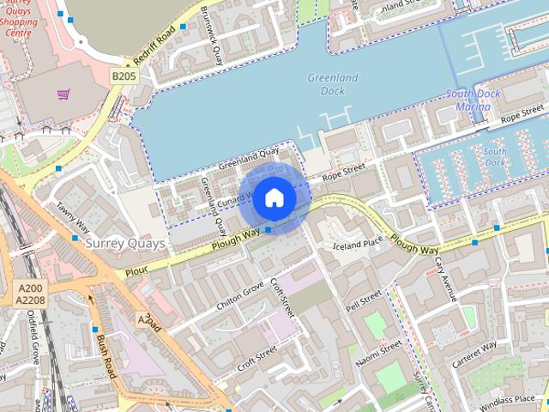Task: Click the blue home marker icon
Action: [274, 197]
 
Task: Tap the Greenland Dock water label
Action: [333, 84]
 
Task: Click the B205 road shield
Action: [124, 76]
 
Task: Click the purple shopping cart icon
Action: [63, 94]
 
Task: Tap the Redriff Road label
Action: [154, 45]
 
